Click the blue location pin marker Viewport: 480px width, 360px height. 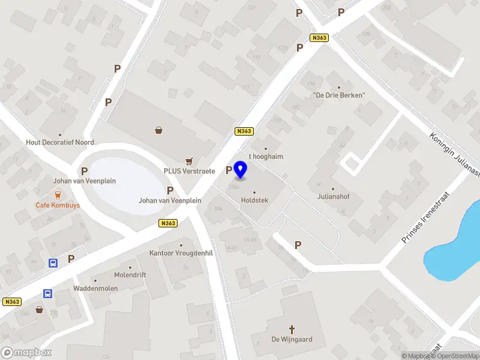click(241, 169)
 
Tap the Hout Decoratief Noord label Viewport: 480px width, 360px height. click(60, 143)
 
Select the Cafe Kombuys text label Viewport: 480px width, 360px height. click(58, 205)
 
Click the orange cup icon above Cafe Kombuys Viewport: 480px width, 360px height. click(58, 194)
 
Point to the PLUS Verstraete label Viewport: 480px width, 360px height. click(190, 171)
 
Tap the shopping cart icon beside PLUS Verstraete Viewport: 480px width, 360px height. click(190, 161)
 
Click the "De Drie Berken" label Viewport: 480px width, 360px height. click(339, 95)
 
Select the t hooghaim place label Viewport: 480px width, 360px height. click(266, 157)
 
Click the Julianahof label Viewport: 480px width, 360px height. click(334, 196)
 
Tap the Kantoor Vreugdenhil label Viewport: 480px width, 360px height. click(181, 253)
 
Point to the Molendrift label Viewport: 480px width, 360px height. click(130, 275)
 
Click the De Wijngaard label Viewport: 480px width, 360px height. click(292, 340)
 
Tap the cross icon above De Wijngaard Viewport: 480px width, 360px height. click(292, 329)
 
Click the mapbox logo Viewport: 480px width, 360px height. click(26, 353)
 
